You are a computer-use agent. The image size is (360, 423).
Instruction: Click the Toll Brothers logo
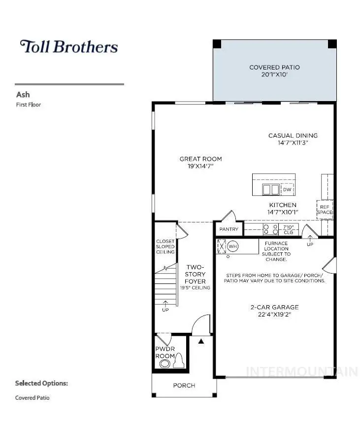69,47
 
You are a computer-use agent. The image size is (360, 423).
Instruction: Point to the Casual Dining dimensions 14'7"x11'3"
293,142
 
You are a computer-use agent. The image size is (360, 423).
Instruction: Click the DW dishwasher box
287,189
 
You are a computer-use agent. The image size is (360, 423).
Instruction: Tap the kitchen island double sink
271,189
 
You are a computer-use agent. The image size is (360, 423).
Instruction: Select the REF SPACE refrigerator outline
325,210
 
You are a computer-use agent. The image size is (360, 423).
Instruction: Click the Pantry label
229,229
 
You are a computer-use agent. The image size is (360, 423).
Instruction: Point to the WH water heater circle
233,247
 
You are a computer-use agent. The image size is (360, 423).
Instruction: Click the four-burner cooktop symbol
270,229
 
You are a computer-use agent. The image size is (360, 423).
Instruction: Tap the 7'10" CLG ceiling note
288,230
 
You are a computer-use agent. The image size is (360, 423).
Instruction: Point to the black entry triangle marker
201,341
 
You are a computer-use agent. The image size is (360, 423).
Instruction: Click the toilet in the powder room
178,361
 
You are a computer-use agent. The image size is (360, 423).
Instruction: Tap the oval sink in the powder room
164,364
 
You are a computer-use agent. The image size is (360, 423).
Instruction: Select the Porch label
184,386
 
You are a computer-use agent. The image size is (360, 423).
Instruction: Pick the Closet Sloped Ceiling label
165,247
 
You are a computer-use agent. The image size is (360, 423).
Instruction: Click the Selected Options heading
41,383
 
